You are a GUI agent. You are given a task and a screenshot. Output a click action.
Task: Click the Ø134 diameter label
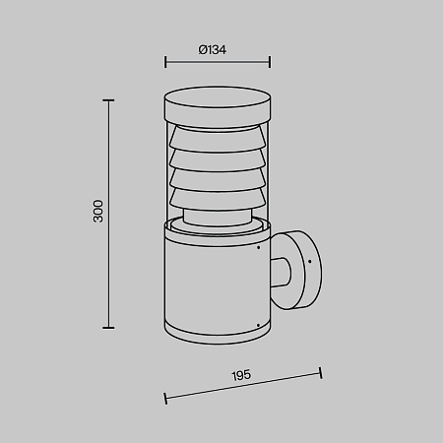click(x=213, y=50)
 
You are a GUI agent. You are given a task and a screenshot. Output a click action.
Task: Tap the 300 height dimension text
click(x=98, y=211)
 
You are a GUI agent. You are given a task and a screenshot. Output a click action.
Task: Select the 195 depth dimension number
click(x=241, y=375)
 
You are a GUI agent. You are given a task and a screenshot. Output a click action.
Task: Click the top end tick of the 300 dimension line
click(x=108, y=100)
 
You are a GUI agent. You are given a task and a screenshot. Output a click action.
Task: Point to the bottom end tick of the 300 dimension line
click(x=108, y=328)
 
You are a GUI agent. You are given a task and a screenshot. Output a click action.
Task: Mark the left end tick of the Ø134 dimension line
click(x=165, y=62)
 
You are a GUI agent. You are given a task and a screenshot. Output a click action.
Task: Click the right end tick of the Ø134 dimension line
click(x=270, y=62)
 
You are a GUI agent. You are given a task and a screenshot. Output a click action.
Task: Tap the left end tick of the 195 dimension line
click(x=165, y=399)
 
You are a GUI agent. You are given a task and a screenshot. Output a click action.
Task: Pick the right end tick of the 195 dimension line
click(x=321, y=373)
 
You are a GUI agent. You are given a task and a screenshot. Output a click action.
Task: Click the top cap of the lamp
click(x=218, y=107)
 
